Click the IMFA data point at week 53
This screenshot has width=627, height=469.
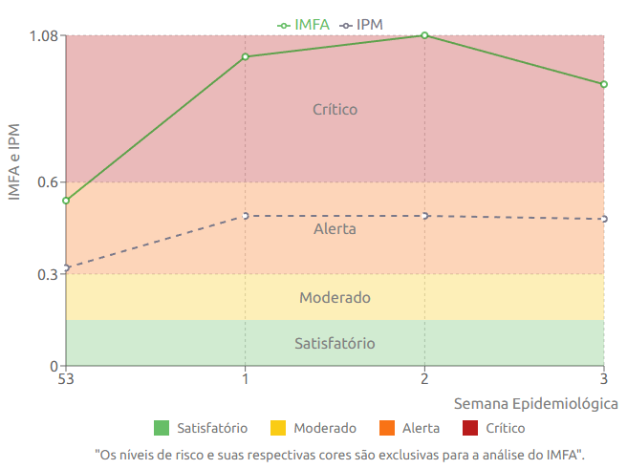pyautogui.click(x=66, y=201)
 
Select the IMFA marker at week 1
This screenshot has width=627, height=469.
pyautogui.click(x=246, y=56)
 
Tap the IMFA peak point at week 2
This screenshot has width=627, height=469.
pyautogui.click(x=424, y=35)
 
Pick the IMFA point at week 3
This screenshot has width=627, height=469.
pyautogui.click(x=604, y=84)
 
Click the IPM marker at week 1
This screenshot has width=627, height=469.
pyautogui.click(x=246, y=216)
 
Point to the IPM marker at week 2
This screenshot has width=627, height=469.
pyautogui.click(x=424, y=216)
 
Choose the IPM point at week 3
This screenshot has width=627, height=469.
pyautogui.click(x=604, y=219)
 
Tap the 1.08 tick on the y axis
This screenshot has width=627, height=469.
pyautogui.click(x=45, y=36)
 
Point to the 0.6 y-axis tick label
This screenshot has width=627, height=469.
pyautogui.click(x=48, y=182)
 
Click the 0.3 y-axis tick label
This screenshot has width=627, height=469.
pyautogui.click(x=48, y=274)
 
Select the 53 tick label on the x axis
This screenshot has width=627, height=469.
pyautogui.click(x=66, y=379)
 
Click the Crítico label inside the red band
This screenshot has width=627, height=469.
pyautogui.click(x=335, y=110)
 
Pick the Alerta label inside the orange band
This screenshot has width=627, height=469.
pyautogui.click(x=335, y=229)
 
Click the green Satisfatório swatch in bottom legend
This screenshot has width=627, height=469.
pyautogui.click(x=162, y=429)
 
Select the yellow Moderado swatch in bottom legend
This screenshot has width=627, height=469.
pyautogui.click(x=278, y=429)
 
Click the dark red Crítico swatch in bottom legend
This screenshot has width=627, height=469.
pyautogui.click(x=470, y=429)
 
